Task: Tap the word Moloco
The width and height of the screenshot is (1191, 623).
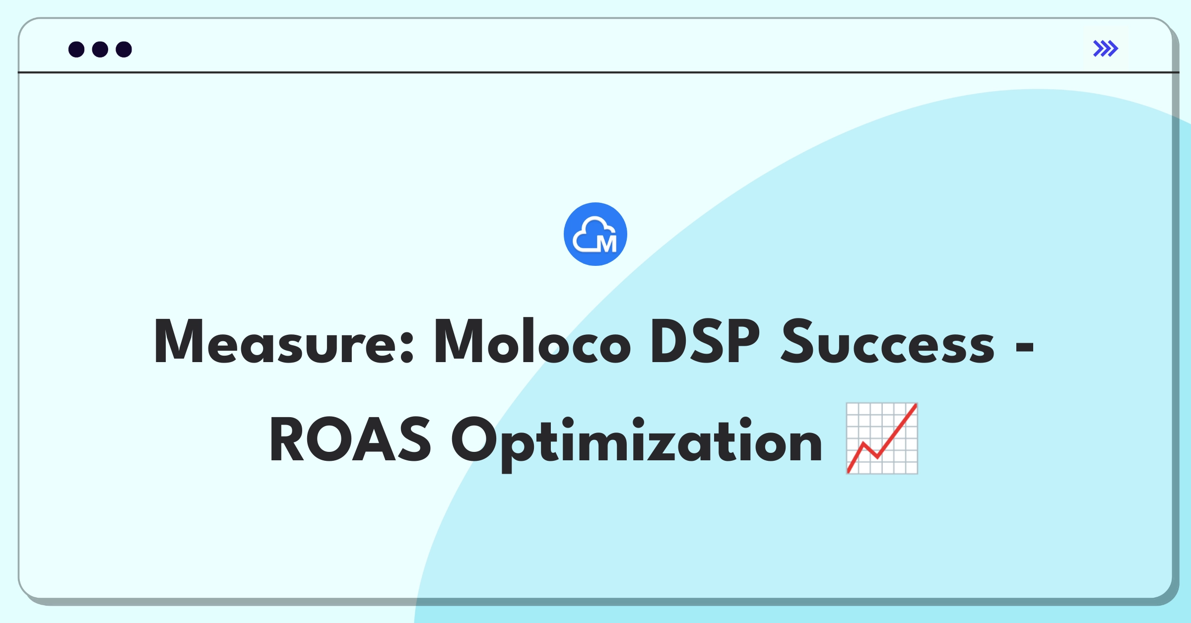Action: click(x=532, y=341)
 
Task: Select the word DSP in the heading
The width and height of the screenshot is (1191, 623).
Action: click(x=705, y=341)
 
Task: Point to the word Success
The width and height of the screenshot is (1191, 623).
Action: click(x=887, y=341)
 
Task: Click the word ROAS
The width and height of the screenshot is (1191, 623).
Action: click(x=350, y=439)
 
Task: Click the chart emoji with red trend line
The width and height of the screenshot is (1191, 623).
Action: click(x=882, y=438)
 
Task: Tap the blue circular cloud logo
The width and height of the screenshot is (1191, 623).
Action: click(x=595, y=234)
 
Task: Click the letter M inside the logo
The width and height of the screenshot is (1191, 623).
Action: click(x=607, y=243)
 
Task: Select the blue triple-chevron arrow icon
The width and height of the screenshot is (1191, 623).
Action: click(x=1106, y=49)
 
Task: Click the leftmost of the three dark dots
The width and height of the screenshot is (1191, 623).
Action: click(x=76, y=49)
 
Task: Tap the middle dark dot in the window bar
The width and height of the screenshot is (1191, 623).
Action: click(x=100, y=49)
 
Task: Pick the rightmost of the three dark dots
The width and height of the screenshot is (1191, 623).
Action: click(x=124, y=49)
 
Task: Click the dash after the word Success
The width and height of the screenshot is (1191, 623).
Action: click(x=1025, y=347)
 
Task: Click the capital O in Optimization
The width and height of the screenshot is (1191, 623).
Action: click(x=474, y=439)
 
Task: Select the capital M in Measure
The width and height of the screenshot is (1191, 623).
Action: click(x=179, y=341)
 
